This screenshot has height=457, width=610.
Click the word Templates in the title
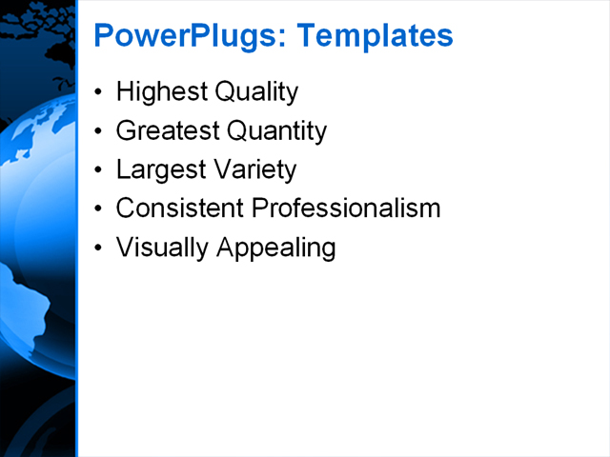pos(375,36)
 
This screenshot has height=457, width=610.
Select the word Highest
pos(160,92)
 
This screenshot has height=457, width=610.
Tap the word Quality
pos(255,92)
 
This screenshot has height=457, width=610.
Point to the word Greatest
pos(167,131)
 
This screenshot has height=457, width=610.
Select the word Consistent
pos(180,209)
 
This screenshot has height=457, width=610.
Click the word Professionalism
pos(346,209)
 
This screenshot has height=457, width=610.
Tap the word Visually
pos(163,248)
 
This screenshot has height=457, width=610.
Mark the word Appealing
pos(276,248)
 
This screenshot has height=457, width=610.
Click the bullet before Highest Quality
pos(99,93)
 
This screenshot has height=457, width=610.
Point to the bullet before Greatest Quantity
pos(99,132)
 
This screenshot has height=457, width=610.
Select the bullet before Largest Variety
pos(99,170)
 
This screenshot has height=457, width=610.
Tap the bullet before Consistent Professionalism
pos(99,209)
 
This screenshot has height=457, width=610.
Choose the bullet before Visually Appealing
pos(99,248)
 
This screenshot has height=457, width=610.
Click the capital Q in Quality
pos(225,92)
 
